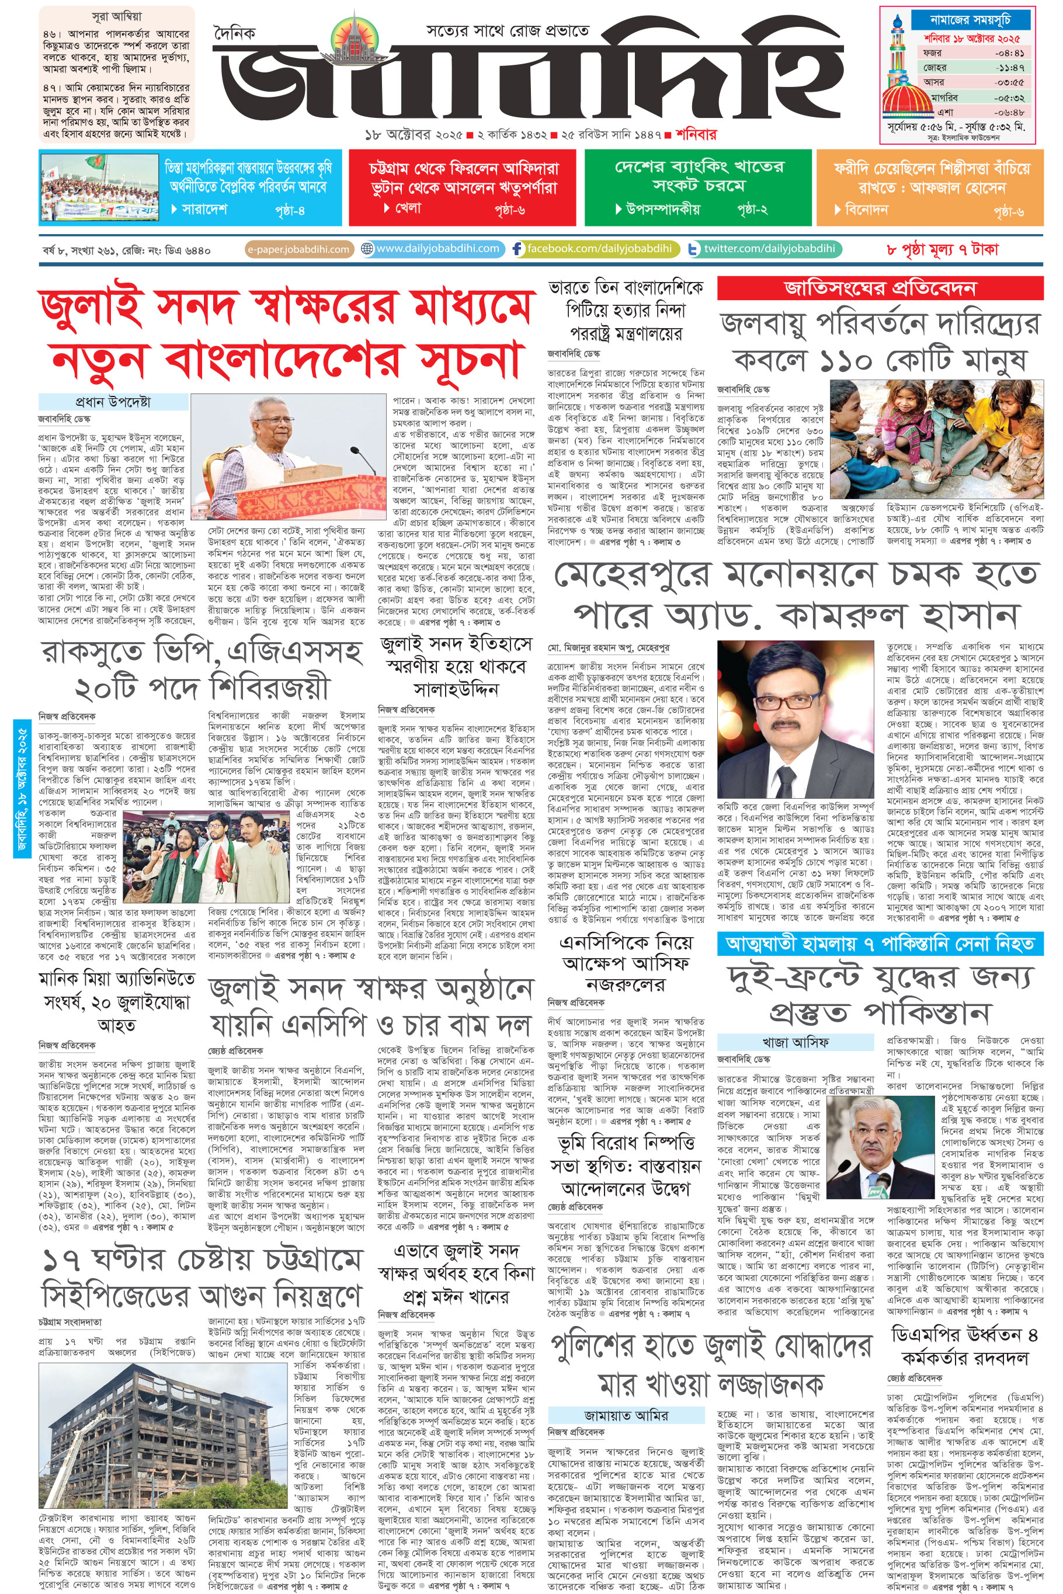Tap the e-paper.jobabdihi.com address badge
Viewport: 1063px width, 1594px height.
(298, 249)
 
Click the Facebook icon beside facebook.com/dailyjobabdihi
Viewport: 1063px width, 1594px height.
(518, 249)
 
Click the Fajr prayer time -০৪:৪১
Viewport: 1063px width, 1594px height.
(1009, 53)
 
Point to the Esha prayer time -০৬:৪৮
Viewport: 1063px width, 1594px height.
(1009, 113)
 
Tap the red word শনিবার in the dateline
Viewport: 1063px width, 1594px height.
(696, 135)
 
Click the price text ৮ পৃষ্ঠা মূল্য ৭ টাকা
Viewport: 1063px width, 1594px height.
(942, 249)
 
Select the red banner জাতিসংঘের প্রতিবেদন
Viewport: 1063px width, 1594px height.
(879, 288)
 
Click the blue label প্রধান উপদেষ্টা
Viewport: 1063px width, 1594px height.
(113, 402)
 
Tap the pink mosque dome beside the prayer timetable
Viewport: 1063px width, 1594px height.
(907, 102)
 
